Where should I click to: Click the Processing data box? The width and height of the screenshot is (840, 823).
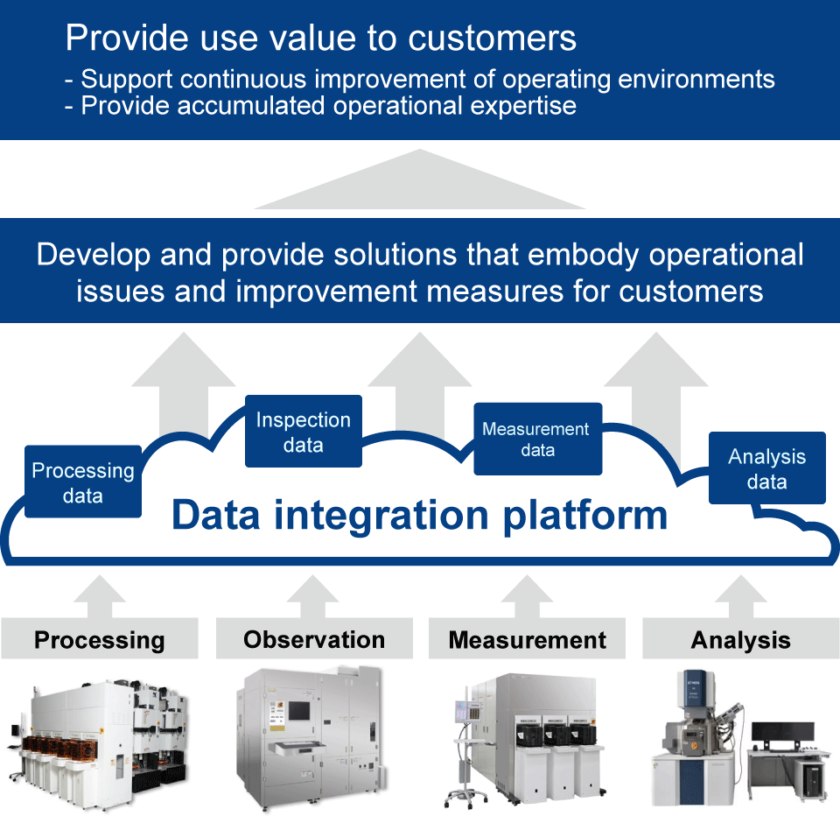coord(83,482)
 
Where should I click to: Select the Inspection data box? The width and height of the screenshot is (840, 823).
coord(303,432)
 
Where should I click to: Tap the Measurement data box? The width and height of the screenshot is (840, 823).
coord(536,439)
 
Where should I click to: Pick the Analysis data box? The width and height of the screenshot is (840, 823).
coord(766,468)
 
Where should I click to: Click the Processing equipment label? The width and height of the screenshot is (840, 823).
coord(99,640)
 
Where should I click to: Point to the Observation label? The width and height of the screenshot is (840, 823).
coord(314,640)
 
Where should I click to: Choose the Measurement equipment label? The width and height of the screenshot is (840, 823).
coord(527,640)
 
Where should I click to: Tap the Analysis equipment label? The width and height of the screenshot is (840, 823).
coord(740,640)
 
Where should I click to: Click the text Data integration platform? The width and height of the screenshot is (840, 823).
coord(419,515)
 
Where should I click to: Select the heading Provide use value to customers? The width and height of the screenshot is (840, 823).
coord(321,38)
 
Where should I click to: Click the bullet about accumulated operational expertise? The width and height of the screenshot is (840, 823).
coord(328,106)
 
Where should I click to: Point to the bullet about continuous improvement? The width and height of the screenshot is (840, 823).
coord(420,79)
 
